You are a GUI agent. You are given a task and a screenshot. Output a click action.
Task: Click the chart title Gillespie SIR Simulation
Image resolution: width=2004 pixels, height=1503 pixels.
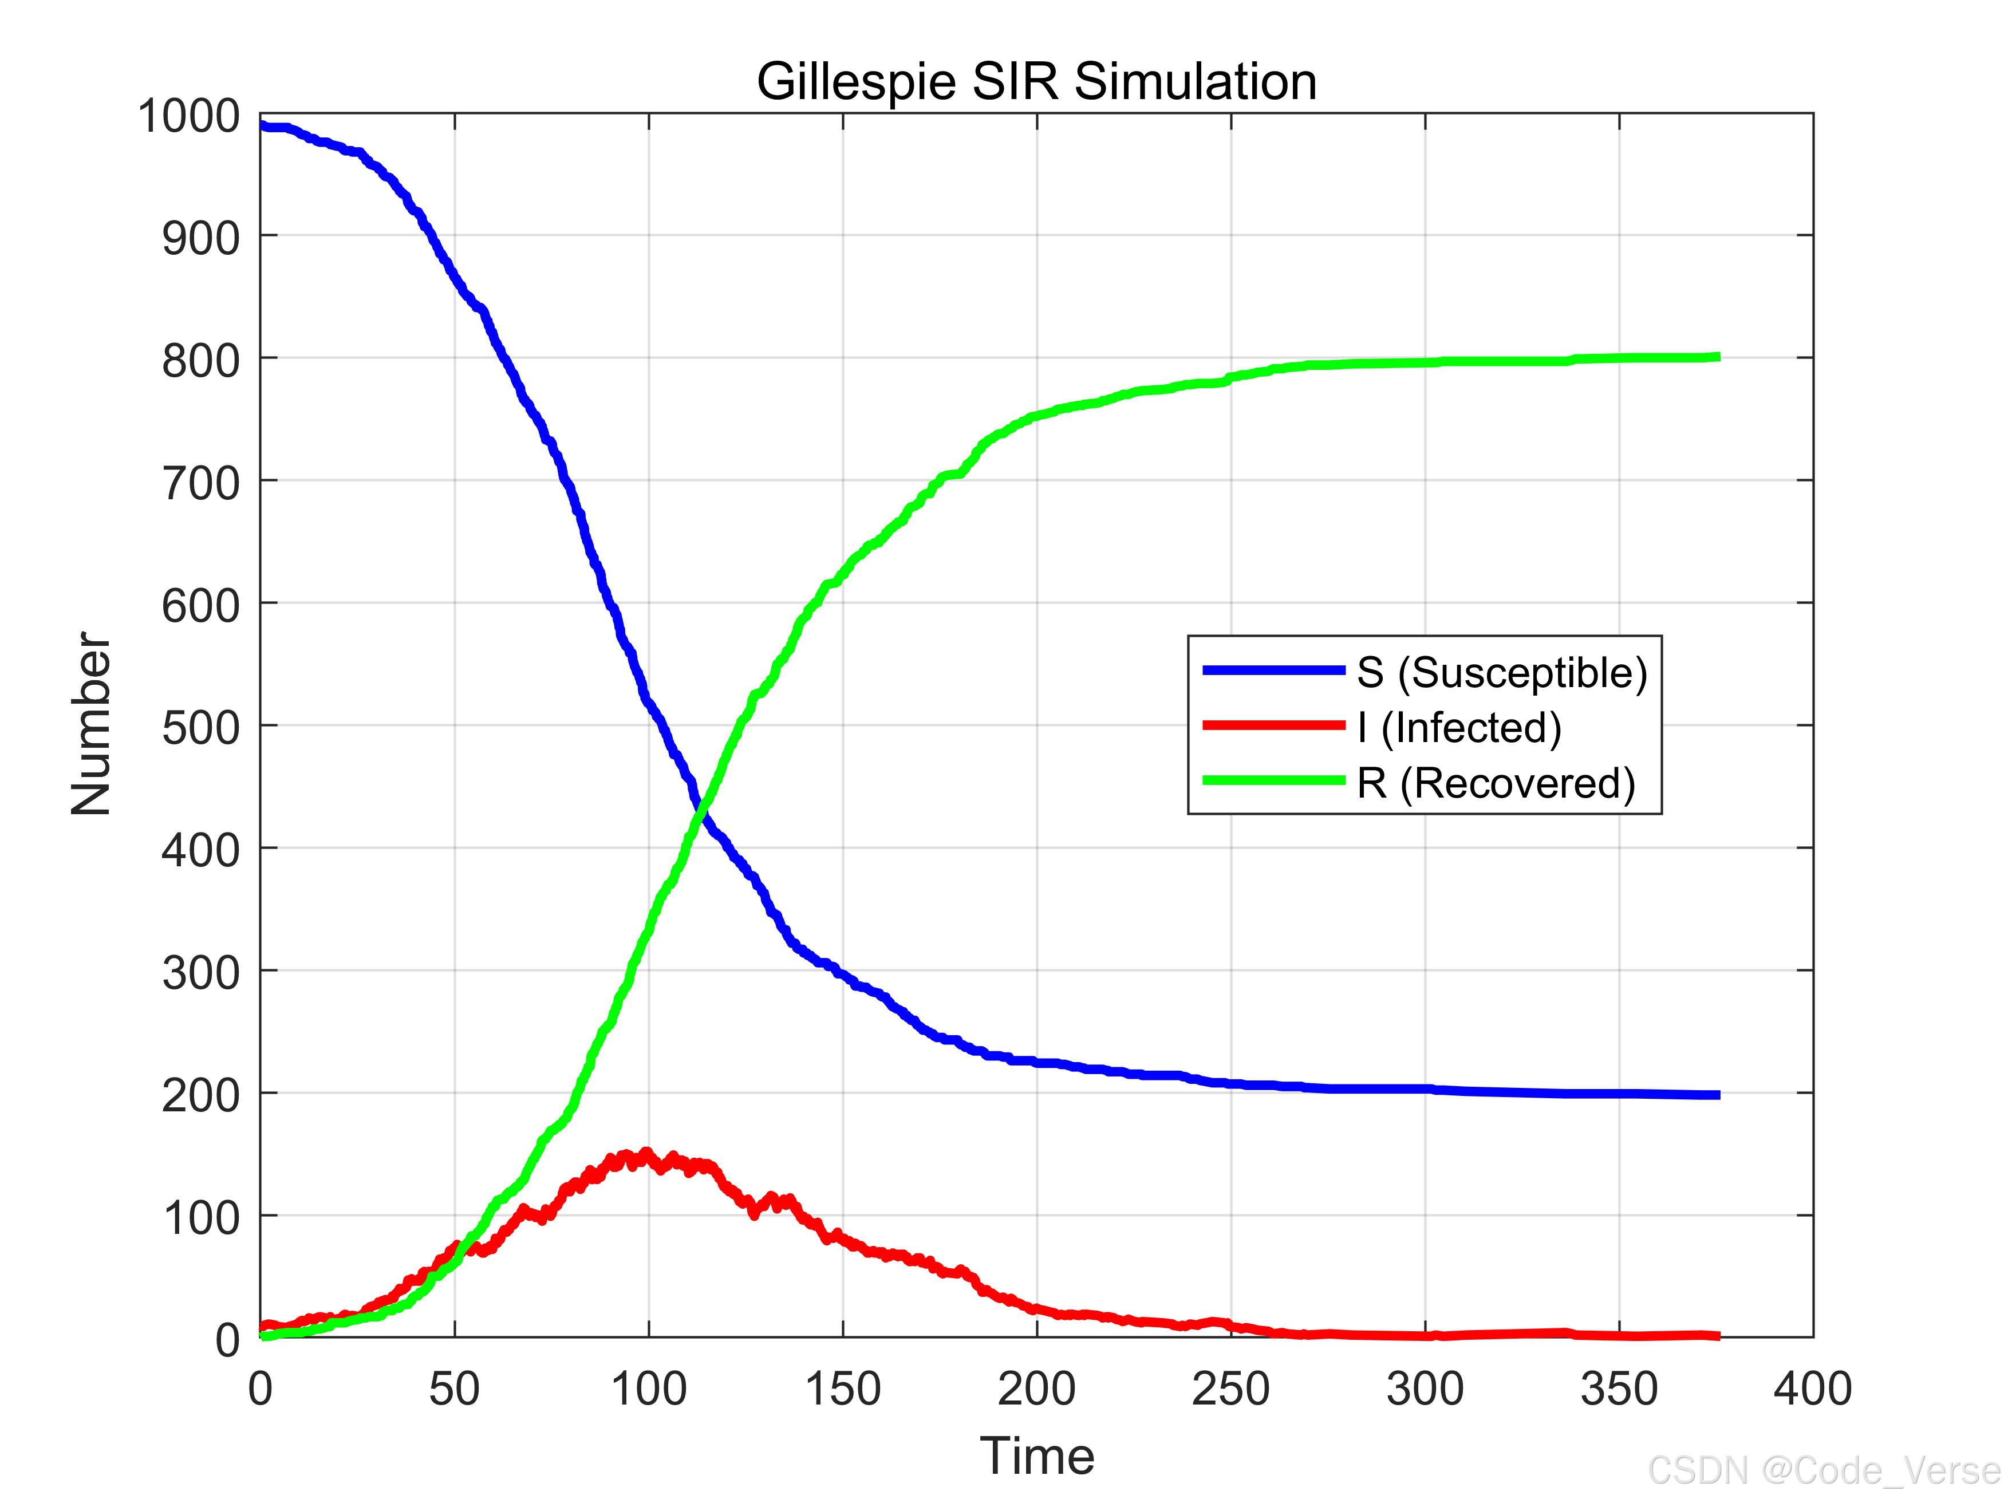[x=1036, y=82]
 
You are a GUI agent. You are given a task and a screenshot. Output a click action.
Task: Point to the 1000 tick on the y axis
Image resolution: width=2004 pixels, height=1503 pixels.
[x=188, y=117]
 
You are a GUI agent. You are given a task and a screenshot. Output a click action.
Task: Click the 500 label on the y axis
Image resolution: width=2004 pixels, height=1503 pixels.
[x=200, y=728]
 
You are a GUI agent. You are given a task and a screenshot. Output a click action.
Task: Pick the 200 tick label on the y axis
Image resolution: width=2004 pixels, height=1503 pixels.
[x=200, y=1095]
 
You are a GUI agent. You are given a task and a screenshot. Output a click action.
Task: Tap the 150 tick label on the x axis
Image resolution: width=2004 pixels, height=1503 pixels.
[x=843, y=1389]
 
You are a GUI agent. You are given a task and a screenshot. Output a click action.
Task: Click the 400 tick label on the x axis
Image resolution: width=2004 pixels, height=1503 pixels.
[x=1812, y=1389]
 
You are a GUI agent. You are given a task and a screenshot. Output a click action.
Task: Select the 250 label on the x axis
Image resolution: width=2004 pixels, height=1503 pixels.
[x=1230, y=1389]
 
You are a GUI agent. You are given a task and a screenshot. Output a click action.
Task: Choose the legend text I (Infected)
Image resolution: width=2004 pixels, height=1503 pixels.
[x=1458, y=728]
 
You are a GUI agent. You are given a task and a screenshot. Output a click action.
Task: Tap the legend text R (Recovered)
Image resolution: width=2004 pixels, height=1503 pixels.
[x=1495, y=783]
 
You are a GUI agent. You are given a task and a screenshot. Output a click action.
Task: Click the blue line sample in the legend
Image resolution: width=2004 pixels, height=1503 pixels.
[x=1273, y=670]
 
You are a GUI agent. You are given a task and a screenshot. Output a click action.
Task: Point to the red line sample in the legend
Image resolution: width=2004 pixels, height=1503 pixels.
[x=1273, y=725]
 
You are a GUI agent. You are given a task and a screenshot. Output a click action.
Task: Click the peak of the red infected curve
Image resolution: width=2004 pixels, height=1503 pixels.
[x=645, y=1153]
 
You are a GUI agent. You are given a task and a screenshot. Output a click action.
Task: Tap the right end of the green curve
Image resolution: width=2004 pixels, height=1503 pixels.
[x=1717, y=357]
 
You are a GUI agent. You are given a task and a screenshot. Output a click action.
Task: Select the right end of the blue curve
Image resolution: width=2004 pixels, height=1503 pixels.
[x=1717, y=1095]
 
